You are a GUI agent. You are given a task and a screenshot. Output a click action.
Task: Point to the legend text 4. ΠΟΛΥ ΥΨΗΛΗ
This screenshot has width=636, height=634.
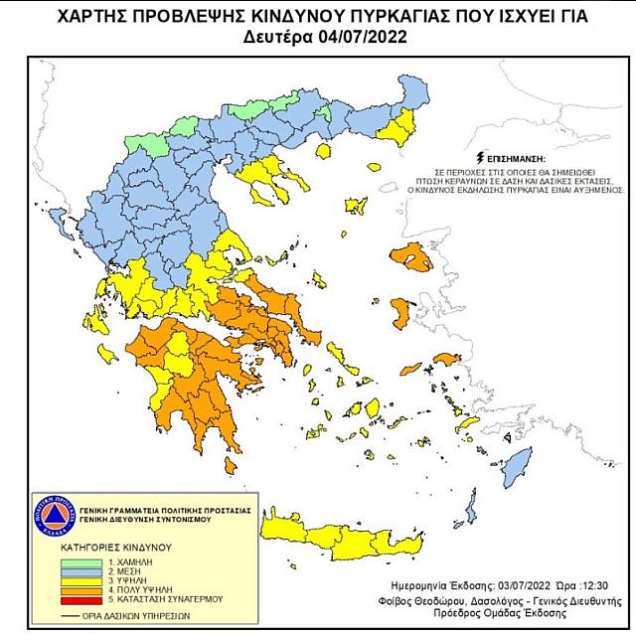144,591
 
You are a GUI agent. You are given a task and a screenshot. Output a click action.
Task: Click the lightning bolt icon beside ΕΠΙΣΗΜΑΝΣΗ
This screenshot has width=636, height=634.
482,158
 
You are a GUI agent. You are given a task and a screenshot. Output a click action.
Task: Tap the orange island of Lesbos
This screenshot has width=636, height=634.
414,257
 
